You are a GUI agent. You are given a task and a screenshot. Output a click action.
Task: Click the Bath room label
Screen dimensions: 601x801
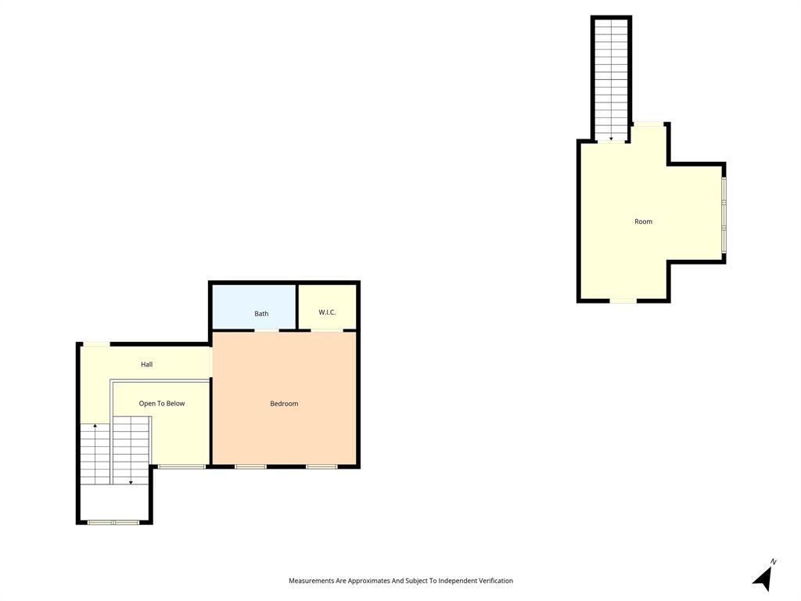point(261,314)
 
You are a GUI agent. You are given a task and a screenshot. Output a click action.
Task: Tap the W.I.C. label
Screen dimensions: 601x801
point(327,312)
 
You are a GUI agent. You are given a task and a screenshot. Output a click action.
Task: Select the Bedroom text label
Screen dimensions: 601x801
point(284,404)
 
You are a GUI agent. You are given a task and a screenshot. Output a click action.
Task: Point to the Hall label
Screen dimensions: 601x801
point(146,365)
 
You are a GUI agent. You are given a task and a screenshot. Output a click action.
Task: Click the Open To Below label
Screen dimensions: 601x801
point(162,404)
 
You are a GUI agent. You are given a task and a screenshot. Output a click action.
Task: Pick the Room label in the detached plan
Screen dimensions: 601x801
point(643,221)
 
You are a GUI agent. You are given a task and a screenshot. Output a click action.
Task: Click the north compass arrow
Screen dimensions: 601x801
point(763,579)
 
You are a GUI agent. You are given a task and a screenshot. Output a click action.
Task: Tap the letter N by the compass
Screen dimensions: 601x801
point(773,562)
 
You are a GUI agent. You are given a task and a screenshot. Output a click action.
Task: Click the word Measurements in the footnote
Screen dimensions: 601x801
point(311,581)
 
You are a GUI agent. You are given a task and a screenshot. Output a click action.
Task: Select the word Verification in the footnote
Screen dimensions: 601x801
point(496,581)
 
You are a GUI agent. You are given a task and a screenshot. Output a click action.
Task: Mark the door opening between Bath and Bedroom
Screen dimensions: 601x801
point(267,331)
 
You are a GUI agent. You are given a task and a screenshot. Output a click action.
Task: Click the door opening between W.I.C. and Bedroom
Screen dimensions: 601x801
point(327,331)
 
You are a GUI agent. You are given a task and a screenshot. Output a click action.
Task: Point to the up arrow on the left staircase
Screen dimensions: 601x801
point(95,426)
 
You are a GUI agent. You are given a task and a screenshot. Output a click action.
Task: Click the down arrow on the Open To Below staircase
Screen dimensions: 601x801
point(131,481)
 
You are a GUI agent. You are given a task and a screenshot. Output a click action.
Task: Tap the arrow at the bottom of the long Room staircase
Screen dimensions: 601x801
point(611,138)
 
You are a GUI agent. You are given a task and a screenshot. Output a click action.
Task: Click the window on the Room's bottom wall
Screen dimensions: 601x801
point(623,300)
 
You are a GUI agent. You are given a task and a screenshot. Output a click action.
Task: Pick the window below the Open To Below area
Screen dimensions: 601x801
point(181,467)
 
